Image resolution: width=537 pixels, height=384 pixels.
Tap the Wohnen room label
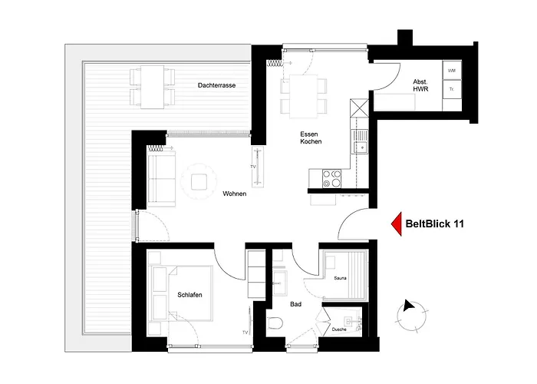234,194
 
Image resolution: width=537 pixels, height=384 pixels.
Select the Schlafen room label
189,295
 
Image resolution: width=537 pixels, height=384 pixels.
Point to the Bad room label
295,304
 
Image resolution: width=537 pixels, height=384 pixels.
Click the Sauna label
341,279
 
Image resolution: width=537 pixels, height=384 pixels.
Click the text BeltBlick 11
433,223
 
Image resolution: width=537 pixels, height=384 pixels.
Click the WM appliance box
451,70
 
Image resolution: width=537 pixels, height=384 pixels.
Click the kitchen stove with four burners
332,178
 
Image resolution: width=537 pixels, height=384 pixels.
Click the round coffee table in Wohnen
199,181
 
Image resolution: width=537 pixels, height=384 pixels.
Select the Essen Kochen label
311,137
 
